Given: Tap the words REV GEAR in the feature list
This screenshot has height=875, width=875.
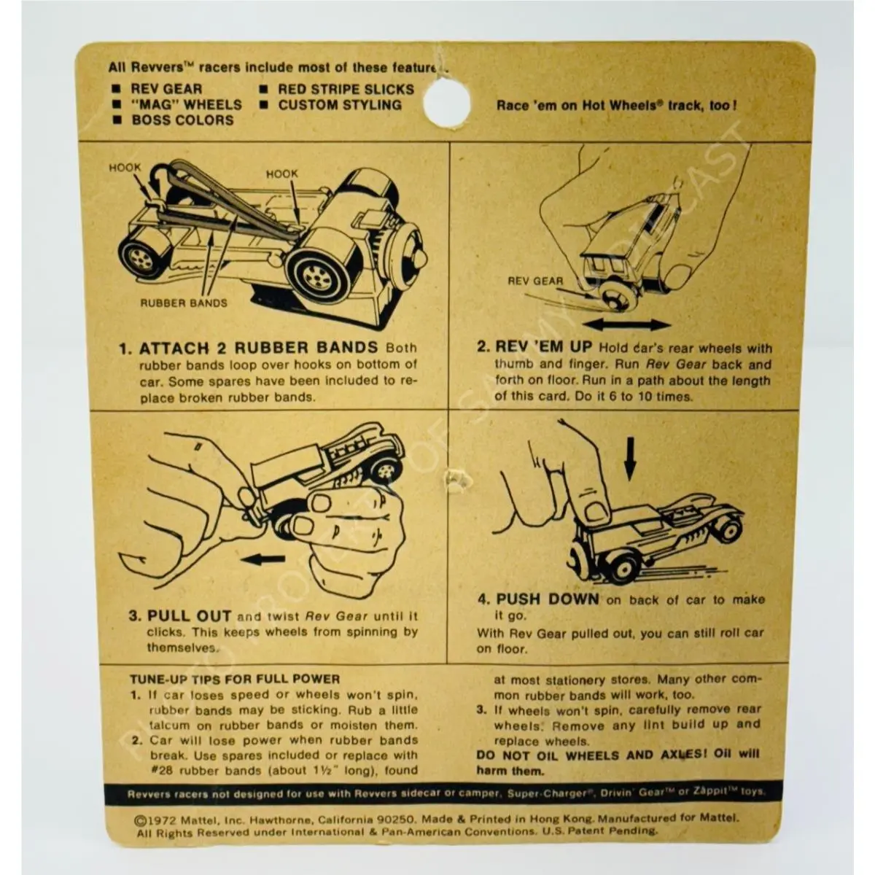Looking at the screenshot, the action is (167, 89).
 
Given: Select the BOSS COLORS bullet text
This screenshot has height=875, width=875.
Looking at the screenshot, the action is (182, 120).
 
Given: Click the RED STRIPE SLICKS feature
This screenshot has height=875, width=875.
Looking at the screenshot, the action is (346, 90).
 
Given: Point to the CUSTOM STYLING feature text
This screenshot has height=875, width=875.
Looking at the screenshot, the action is (340, 105).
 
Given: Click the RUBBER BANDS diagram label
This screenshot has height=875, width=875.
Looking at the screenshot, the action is (184, 303).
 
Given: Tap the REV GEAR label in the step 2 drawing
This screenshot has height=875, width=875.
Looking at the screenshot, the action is (535, 281).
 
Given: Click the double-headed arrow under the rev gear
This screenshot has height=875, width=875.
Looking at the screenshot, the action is (626, 324).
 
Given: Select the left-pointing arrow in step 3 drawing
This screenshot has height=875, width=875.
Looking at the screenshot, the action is (267, 560).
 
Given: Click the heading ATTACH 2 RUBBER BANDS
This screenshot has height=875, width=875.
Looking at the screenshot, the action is (258, 349).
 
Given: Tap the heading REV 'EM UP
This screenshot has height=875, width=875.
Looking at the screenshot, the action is (543, 347).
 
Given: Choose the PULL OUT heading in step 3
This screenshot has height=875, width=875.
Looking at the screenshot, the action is (190, 616).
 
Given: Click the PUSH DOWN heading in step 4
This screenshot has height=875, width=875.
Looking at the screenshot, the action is (548, 599).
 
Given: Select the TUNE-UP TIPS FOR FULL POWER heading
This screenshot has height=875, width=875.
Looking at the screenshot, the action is (235, 680).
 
